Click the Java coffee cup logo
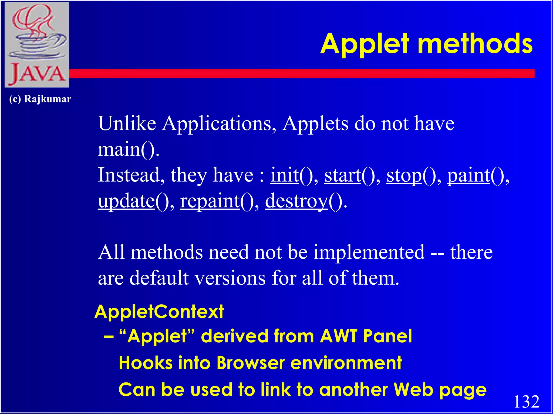(37, 44)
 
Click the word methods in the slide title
(475, 44)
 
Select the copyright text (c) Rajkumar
(40, 99)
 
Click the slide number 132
(526, 402)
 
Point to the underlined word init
(285, 175)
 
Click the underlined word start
(342, 175)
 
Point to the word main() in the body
(128, 149)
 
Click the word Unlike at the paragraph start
(127, 123)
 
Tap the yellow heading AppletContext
(159, 312)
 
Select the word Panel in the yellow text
(387, 336)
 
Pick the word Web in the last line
(413, 390)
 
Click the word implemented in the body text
(369, 253)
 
